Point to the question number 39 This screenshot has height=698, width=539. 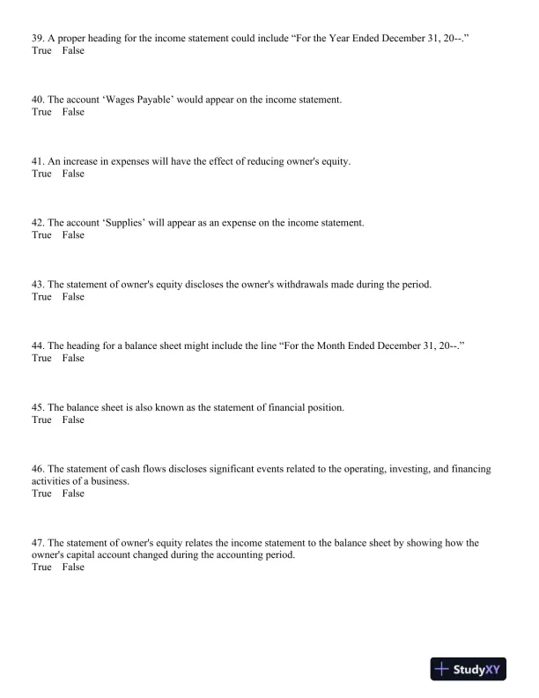pyautogui.click(x=37, y=39)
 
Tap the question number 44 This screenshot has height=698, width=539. pyautogui.click(x=37, y=346)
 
